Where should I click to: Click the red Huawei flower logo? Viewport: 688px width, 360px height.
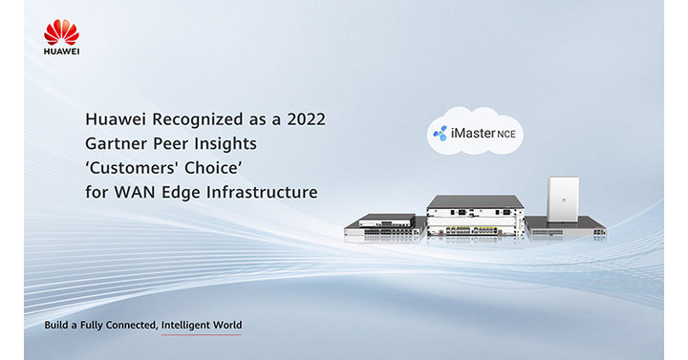click(x=61, y=31)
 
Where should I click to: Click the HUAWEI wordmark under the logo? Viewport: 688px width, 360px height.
click(x=61, y=51)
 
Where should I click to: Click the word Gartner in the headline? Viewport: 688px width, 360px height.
click(x=115, y=144)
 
